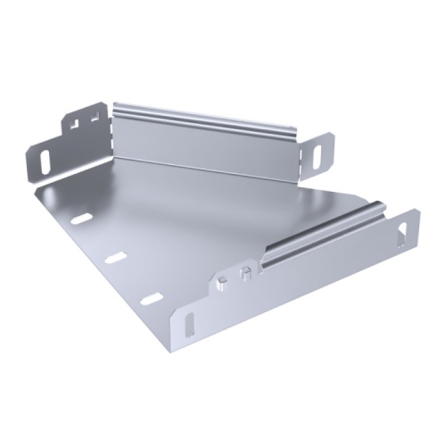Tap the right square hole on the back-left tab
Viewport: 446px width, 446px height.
pos(93,115)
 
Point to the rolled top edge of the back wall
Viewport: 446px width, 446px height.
pos(205,113)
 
